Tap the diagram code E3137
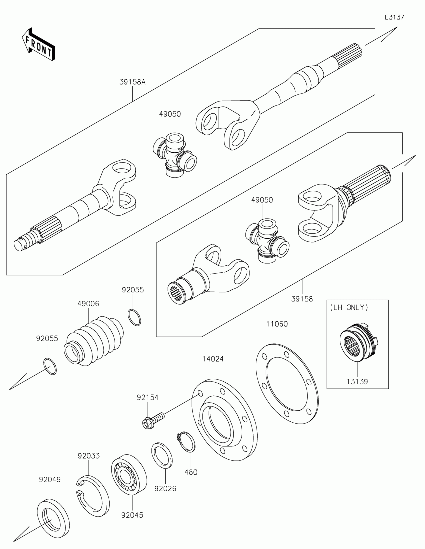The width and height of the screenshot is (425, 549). pyautogui.click(x=394, y=17)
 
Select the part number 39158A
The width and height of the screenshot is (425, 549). pyautogui.click(x=132, y=82)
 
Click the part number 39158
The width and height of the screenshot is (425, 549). pyautogui.click(x=302, y=299)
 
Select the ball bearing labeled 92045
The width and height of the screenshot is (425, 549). pyautogui.click(x=129, y=474)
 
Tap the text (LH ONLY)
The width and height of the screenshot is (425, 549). pyautogui.click(x=349, y=307)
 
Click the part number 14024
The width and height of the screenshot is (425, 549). pyautogui.click(x=213, y=359)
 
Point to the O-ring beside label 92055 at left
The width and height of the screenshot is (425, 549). pyautogui.click(x=50, y=366)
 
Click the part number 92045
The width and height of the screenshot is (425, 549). pyautogui.click(x=132, y=515)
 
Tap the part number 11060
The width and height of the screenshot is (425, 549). pyautogui.click(x=277, y=324)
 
